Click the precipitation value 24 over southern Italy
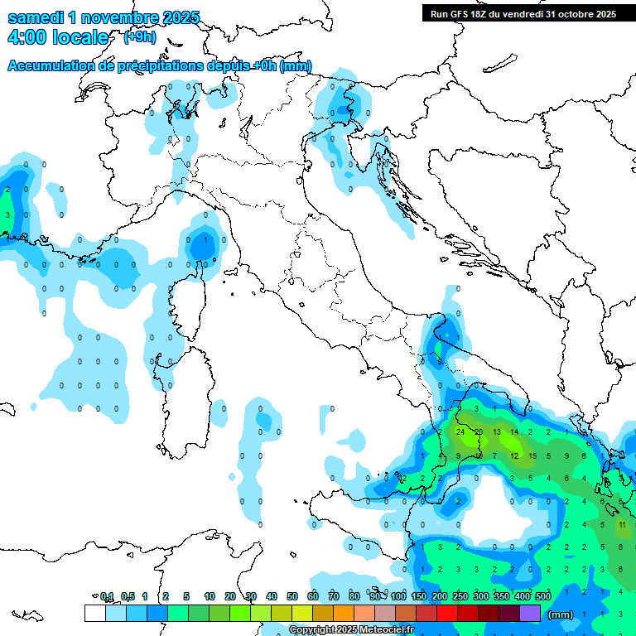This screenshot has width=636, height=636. [460, 432]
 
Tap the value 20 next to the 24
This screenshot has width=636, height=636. [479, 432]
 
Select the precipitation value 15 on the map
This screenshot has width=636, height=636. [532, 455]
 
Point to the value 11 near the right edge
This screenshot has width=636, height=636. [622, 524]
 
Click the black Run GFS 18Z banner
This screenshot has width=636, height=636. [523, 13]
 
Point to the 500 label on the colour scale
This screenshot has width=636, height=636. [543, 596]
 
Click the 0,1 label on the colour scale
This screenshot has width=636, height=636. [107, 596]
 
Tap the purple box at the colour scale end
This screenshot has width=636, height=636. [530, 613]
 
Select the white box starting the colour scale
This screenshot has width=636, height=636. [94, 613]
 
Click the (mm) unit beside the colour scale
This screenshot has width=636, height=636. [561, 614]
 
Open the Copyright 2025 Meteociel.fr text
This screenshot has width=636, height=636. [352, 630]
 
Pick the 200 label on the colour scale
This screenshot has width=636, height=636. [440, 596]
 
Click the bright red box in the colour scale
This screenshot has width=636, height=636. [447, 613]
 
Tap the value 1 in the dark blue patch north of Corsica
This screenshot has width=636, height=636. [205, 240]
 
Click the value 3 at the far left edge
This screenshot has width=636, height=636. [7, 215]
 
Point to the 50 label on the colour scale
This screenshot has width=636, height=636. [292, 596]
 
